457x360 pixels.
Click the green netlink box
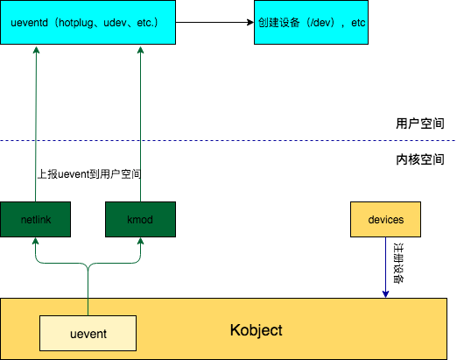36,219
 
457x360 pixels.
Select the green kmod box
140,219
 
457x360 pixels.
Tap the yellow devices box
385,219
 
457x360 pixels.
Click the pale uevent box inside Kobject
88,334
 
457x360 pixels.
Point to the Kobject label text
256,330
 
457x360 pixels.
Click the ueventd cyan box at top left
88,22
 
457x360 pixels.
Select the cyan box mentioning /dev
311,22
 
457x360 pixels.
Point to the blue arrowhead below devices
385,293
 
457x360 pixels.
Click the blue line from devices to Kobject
385,263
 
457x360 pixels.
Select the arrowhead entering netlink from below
36,242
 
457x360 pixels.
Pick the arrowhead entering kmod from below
140,242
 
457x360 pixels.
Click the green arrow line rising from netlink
36,123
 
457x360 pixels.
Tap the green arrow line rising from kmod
140,123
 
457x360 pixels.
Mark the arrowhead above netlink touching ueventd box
36,49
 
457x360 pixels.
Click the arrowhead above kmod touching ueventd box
140,49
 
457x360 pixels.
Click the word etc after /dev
357,22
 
